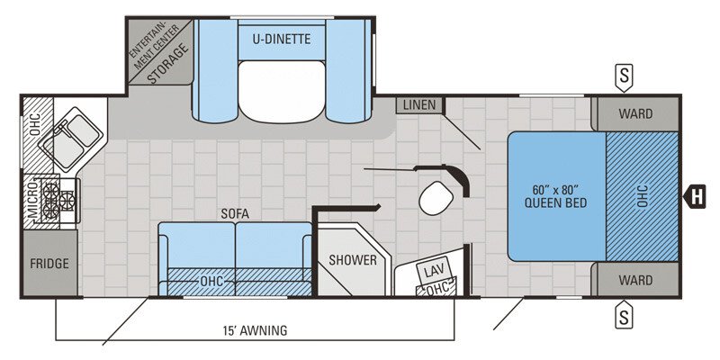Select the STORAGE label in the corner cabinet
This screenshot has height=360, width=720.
169,64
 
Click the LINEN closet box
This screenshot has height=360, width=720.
419,105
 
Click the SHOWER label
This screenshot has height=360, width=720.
353,260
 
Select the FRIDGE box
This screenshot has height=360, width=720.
49,264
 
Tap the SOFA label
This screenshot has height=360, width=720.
234,213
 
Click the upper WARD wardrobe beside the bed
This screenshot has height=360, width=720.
635,114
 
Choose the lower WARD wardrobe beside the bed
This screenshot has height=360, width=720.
635,280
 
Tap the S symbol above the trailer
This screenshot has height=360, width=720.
622,76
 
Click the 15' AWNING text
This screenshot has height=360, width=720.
256,330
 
